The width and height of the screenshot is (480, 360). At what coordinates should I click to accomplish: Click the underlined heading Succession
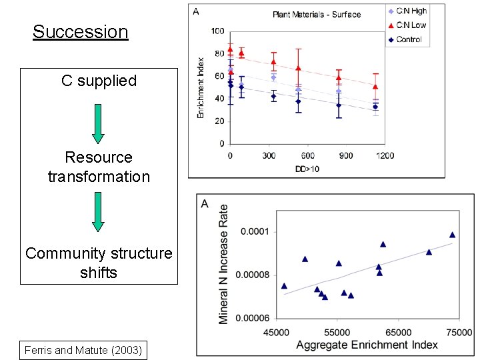click(80, 31)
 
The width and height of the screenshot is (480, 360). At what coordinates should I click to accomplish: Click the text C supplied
click(99, 81)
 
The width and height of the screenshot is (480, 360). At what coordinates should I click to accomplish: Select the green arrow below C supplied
click(98, 123)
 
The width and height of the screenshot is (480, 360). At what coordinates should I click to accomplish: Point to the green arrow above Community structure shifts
click(98, 211)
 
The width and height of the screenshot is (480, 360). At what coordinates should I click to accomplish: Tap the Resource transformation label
click(99, 167)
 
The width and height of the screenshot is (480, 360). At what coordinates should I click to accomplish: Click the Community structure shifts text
click(99, 263)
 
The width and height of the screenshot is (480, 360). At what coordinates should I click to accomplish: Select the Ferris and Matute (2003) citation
click(83, 350)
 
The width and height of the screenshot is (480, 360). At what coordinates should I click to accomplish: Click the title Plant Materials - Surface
click(317, 14)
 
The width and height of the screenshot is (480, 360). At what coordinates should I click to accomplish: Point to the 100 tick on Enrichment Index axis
click(217, 31)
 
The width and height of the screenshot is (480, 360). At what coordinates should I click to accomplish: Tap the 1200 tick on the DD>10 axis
click(385, 155)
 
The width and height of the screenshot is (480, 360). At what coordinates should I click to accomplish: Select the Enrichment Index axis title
click(200, 88)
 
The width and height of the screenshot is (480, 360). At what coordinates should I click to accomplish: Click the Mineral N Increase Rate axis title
click(224, 264)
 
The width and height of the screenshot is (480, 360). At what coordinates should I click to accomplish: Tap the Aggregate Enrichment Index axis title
click(367, 345)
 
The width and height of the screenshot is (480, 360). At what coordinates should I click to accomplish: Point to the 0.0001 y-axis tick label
click(255, 231)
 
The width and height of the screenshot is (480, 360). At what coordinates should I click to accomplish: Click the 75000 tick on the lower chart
click(459, 332)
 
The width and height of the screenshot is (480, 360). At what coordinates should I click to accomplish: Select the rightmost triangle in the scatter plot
click(452, 235)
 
